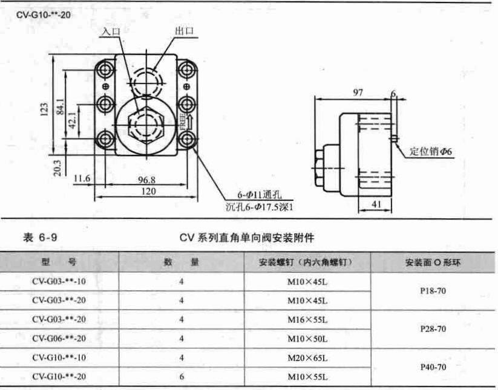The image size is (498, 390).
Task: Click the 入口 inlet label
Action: pos(111,31)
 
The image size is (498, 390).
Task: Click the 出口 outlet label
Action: pos(184,31)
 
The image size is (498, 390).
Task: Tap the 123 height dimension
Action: pos(44,109)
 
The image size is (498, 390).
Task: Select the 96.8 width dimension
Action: pos(146,180)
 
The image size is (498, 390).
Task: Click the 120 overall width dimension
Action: pos(148,191)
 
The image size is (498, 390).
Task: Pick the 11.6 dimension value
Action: pos(82,178)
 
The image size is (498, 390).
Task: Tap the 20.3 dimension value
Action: pos(57,167)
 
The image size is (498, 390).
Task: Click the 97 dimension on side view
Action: pos(358,93)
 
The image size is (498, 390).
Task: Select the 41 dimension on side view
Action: pos(376,204)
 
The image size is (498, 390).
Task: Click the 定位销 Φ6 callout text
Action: pos(431,151)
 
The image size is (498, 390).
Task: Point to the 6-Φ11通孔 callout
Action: pos(259,195)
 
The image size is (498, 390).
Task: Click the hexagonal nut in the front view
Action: pos(146,125)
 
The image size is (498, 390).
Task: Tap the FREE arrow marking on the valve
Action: pos(187,122)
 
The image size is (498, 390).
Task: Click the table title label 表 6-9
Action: pos(40,238)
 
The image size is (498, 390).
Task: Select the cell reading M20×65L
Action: pos(307,358)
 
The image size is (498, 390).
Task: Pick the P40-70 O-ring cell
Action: pos(433,367)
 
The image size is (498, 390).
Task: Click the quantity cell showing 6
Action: pos(182,377)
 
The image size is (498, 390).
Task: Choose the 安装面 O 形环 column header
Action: pos(433,262)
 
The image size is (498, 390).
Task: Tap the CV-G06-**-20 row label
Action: pos(59,339)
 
